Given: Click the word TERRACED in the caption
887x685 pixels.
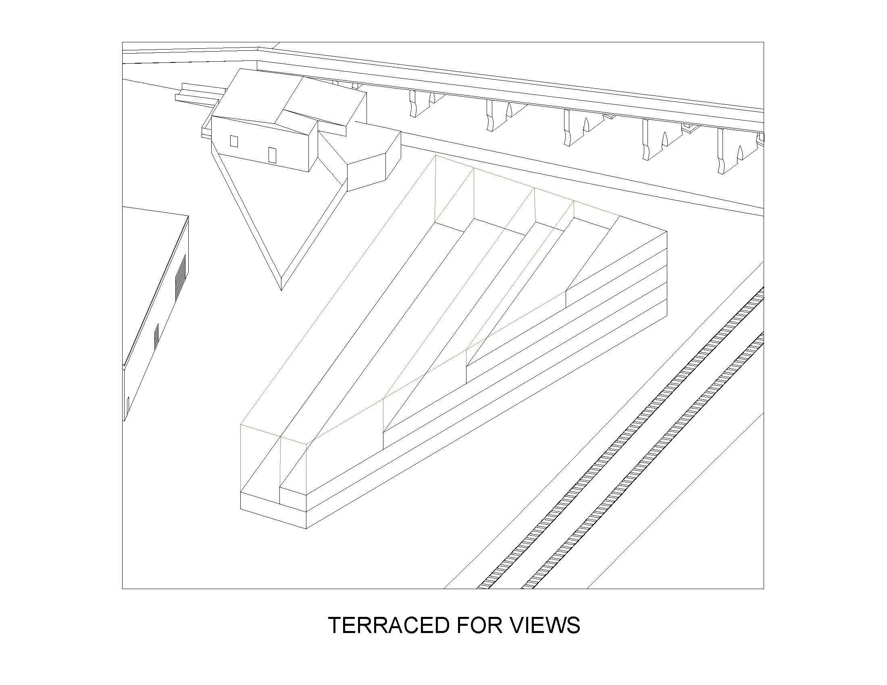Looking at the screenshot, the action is [x=388, y=625].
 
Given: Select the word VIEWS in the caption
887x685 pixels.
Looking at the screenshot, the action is [x=545, y=625].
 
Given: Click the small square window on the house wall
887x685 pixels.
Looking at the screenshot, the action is [x=234, y=141].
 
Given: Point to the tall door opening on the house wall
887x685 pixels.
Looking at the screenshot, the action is [x=272, y=155].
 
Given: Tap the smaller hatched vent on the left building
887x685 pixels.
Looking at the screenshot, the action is [x=156, y=336].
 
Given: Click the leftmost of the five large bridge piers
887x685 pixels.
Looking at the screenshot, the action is [x=419, y=104].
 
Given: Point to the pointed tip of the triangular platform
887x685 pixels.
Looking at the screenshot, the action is [x=281, y=289].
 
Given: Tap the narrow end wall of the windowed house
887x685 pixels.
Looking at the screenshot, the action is [x=313, y=150].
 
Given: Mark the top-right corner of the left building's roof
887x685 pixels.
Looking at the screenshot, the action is [x=188, y=216].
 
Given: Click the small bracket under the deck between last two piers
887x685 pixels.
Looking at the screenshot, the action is [x=690, y=129].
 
